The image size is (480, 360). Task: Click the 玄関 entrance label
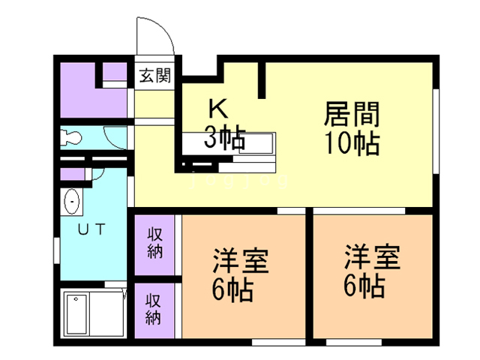tap(155, 75)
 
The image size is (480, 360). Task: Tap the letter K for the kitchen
tap(217, 109)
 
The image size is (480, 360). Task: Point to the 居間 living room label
tap(352, 114)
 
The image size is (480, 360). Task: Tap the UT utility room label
tap(92, 230)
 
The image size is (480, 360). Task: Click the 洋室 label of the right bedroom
tap(372, 257)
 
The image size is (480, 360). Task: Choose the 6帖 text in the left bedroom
tap(232, 289)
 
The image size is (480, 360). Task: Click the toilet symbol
tap(73, 139)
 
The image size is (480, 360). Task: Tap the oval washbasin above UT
tap(73, 202)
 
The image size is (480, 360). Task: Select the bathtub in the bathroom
tap(77, 314)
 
